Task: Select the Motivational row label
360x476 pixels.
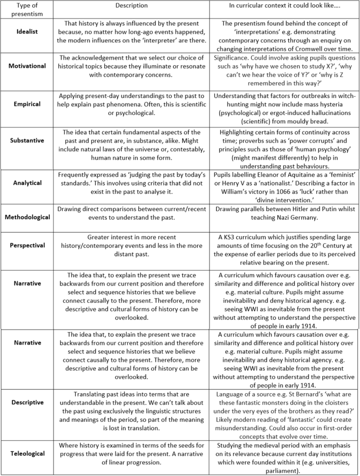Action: pyautogui.click(x=27, y=66)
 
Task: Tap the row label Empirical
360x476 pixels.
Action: pyautogui.click(x=27, y=104)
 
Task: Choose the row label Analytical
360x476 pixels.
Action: pyautogui.click(x=27, y=183)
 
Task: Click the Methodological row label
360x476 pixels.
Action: pyautogui.click(x=27, y=217)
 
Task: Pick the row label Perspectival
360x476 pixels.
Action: pyautogui.click(x=27, y=245)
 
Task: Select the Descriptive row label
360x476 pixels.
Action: pyautogui.click(x=27, y=402)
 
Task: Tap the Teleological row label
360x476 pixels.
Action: pyautogui.click(x=27, y=453)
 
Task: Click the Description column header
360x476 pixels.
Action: pyautogui.click(x=131, y=6)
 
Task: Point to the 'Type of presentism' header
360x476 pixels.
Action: pyautogui.click(x=27, y=9)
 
